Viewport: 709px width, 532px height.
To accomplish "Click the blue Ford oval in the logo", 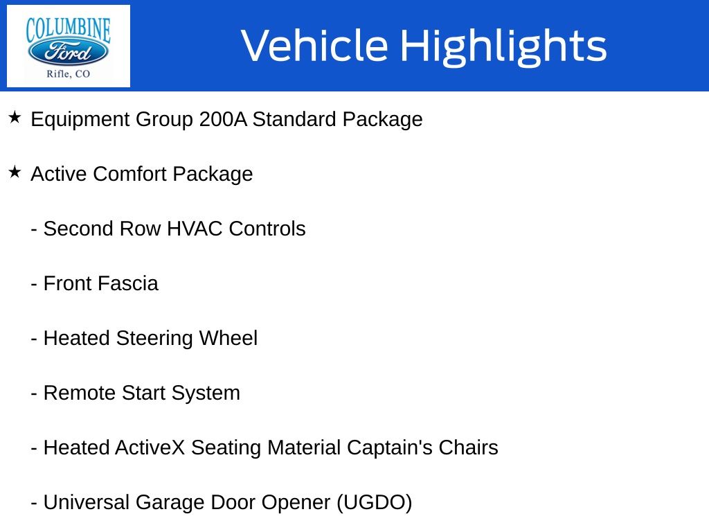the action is pyautogui.click(x=69, y=52).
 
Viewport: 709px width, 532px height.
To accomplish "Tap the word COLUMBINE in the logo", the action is pyautogui.click(x=69, y=29).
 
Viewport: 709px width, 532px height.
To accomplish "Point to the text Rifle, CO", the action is pyautogui.click(x=69, y=73).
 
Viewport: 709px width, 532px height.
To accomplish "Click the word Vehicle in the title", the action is pyautogui.click(x=314, y=45).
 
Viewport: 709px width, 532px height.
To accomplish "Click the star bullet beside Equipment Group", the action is pyautogui.click(x=15, y=118).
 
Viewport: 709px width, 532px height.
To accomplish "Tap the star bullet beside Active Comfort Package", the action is pyautogui.click(x=15, y=172).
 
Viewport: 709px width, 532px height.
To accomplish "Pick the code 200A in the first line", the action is pyautogui.click(x=223, y=119).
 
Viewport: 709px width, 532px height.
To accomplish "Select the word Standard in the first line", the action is pyautogui.click(x=294, y=119).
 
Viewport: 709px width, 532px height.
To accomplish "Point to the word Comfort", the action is pyautogui.click(x=130, y=174).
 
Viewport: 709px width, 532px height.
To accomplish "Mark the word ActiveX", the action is pyautogui.click(x=150, y=448).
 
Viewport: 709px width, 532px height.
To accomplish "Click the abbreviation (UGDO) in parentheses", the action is pyautogui.click(x=375, y=503).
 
